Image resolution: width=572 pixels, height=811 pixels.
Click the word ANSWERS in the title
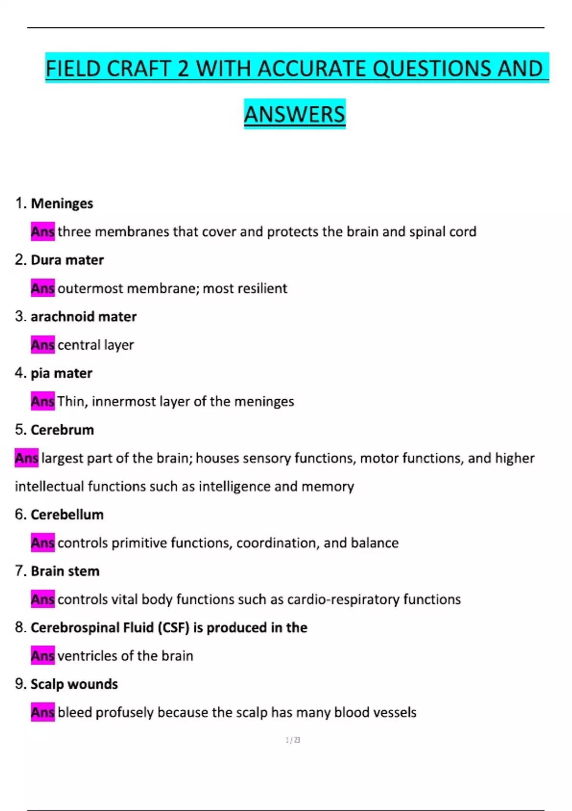click(x=295, y=114)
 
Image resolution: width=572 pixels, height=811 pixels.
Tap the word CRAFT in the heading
click(x=138, y=68)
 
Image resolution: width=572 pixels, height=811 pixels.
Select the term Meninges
click(x=62, y=204)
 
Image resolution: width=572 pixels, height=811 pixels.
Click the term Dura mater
click(x=67, y=260)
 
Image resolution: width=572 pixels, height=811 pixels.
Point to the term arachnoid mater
click(x=83, y=317)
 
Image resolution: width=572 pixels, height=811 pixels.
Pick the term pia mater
click(x=61, y=373)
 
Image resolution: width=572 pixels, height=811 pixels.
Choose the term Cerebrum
click(x=62, y=430)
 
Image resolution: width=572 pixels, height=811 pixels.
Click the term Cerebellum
click(x=67, y=515)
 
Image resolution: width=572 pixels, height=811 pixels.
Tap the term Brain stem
click(x=65, y=571)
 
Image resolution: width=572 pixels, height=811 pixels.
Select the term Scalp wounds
click(x=74, y=684)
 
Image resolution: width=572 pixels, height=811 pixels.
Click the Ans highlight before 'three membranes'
click(x=43, y=232)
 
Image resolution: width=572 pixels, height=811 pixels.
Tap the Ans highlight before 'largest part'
click(x=27, y=458)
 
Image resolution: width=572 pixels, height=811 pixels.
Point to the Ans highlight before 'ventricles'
click(x=43, y=656)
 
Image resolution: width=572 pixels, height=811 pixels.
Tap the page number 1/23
click(x=293, y=740)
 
